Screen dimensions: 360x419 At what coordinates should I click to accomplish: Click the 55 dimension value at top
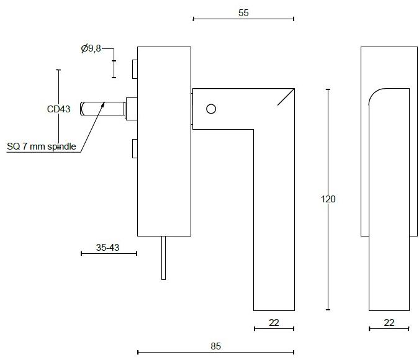click(243, 12)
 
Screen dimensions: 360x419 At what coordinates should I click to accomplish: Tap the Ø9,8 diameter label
click(91, 48)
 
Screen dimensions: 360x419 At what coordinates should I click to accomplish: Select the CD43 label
click(58, 109)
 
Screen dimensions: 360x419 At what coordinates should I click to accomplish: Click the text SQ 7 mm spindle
click(42, 147)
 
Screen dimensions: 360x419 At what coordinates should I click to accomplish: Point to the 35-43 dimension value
click(108, 248)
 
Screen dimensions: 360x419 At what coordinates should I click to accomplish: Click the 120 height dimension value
click(328, 199)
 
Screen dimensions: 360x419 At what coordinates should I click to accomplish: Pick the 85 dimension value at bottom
click(215, 346)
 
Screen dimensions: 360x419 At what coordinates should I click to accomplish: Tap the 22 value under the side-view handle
click(389, 322)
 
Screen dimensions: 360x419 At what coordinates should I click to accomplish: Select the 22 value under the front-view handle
click(274, 322)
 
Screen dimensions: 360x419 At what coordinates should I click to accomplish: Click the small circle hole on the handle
click(211, 109)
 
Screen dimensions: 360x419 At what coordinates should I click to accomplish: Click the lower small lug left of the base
click(134, 149)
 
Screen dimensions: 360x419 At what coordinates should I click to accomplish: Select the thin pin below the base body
click(163, 258)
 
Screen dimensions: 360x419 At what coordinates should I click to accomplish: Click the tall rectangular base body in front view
click(164, 186)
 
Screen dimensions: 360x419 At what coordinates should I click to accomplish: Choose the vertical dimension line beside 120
click(328, 261)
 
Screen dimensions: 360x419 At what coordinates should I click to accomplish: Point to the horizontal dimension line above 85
click(215, 353)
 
